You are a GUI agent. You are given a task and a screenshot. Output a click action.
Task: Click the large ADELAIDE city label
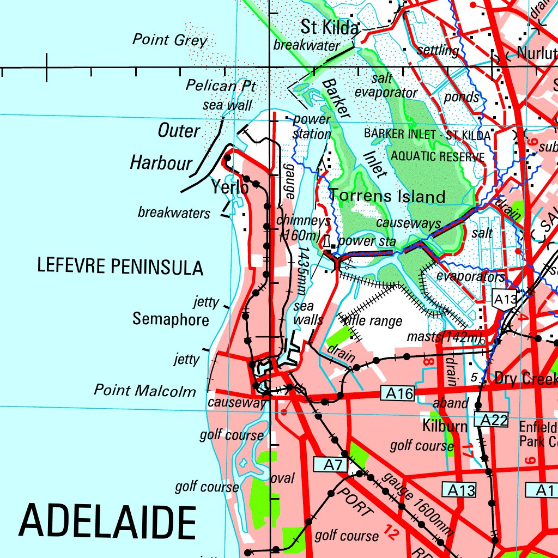tap(107, 521)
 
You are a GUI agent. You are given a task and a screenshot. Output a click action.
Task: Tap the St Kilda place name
tap(331, 27)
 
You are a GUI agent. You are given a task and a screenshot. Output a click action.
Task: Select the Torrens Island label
tap(388, 196)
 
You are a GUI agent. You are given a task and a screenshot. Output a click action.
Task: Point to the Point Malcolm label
tap(145, 390)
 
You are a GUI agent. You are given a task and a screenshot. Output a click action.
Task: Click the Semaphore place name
tap(171, 319)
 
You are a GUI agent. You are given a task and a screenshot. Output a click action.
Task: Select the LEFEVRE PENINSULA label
tap(120, 266)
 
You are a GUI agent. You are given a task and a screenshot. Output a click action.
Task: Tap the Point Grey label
tap(170, 40)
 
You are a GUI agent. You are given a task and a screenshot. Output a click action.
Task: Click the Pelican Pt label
tap(220, 86)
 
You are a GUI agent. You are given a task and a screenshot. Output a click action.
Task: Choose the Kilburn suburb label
tap(445, 426)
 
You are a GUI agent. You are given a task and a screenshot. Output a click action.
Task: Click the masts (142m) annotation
tap(445, 337)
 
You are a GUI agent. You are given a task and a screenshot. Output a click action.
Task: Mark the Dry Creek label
tap(525, 378)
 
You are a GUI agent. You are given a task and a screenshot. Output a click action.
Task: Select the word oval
tap(282, 478)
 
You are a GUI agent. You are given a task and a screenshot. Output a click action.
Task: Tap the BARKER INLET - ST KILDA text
tap(427, 134)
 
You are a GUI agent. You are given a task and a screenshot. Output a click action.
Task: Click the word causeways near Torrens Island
tap(408, 223)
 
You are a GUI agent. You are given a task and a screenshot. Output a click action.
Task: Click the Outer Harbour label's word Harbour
tap(161, 162)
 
